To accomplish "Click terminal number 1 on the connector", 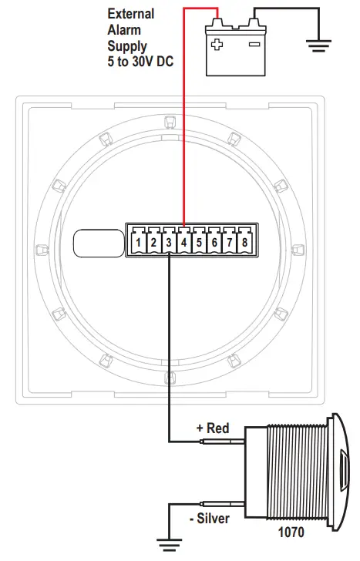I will [x=138, y=244].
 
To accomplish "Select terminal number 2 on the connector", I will [x=153, y=244].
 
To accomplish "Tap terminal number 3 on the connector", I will [x=169, y=244].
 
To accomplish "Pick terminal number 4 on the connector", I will [x=184, y=244].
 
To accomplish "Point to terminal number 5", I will [x=199, y=244].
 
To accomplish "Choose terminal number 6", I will [x=214, y=244].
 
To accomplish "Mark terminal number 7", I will [x=230, y=244].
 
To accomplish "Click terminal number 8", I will [x=245, y=244].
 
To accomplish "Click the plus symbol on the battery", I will [x=218, y=45].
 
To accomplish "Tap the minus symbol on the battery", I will [x=254, y=45].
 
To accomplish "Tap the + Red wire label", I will [x=213, y=428].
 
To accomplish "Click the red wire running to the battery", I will [x=183, y=116].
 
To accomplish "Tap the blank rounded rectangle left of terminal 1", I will [x=97, y=243].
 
